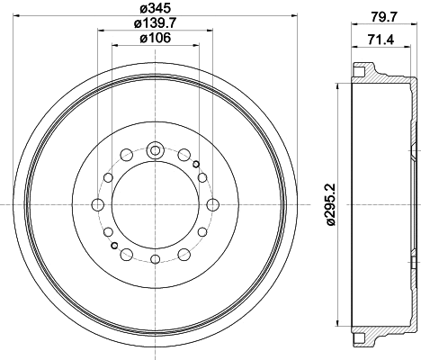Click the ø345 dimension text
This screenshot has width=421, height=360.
[x=155, y=10]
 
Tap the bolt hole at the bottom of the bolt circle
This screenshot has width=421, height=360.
[x=155, y=261]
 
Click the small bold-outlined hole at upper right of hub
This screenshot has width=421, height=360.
[x=195, y=164]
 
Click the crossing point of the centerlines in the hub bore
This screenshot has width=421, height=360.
[x=155, y=206]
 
